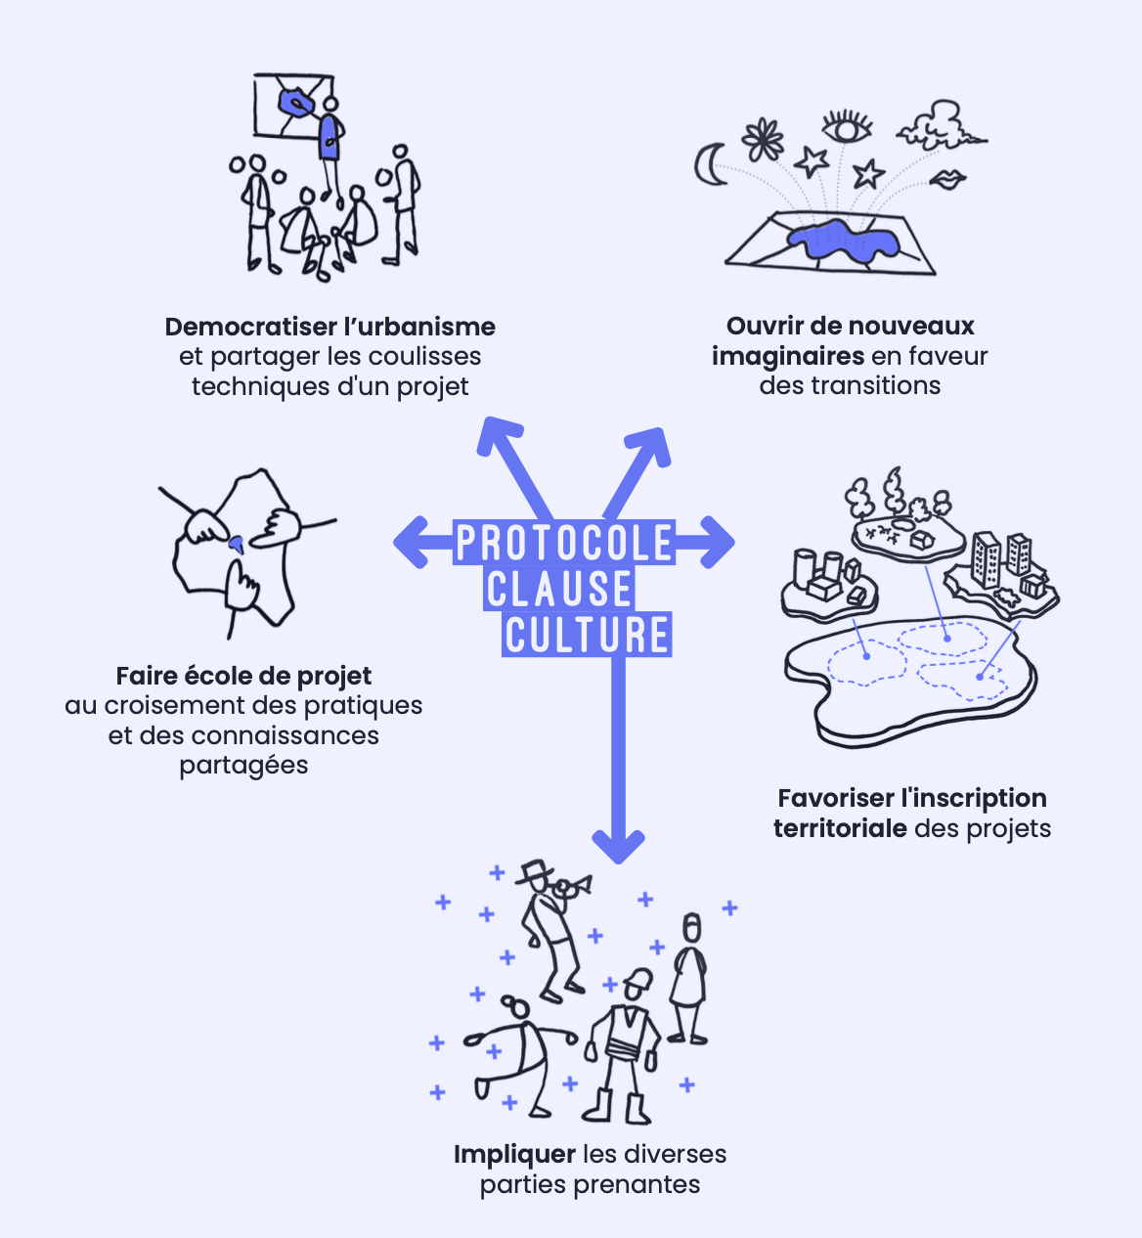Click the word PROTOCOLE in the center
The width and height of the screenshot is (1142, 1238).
point(564,543)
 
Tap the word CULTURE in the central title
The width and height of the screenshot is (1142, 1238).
point(587,635)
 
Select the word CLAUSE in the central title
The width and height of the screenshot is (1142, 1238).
point(559,590)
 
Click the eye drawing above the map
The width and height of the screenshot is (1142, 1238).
point(847,126)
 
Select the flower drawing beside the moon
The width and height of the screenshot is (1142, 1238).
point(763,139)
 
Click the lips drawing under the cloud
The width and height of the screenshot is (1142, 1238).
point(945,180)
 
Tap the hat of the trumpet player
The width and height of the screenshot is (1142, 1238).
point(535,869)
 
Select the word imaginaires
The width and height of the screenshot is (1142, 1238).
point(787,356)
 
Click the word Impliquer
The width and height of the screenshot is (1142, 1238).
point(514,1154)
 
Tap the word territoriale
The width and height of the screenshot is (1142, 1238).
point(840,828)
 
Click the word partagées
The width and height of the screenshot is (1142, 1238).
point(243,765)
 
